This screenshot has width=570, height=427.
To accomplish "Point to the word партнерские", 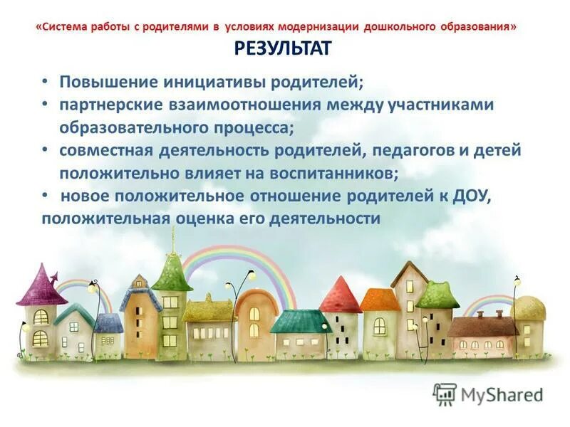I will tap(105, 105).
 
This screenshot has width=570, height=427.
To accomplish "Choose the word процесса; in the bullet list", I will tap(250, 128).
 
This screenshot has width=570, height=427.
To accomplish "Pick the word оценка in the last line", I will tap(203, 218).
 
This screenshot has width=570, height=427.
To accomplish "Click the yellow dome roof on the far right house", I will tap(528, 308).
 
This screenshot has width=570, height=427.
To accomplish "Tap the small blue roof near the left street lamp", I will tap(108, 323).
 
